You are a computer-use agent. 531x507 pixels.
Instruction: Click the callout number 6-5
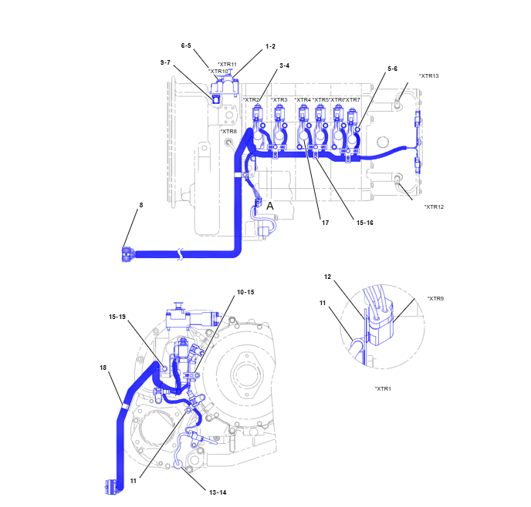[x=186, y=45]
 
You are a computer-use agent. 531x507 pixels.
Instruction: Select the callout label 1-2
[x=270, y=46]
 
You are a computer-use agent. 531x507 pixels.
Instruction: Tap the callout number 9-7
[x=165, y=62]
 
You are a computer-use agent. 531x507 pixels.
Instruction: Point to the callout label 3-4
[x=284, y=65]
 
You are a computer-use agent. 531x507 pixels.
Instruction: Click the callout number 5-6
[x=391, y=69]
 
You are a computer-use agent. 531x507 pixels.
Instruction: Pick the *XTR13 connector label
[x=428, y=76]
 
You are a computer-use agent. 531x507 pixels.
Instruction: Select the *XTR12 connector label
[x=434, y=206]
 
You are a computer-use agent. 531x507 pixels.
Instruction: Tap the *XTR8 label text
[x=228, y=132]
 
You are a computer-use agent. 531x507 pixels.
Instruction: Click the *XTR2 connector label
[x=252, y=100]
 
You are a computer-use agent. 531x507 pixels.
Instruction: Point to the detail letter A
[x=270, y=206]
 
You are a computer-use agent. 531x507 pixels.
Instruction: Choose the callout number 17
[x=326, y=222]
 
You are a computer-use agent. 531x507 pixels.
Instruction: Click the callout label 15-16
[x=365, y=222]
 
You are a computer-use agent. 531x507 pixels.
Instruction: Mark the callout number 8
[x=140, y=206]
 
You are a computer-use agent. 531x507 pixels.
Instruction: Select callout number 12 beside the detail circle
[x=327, y=277]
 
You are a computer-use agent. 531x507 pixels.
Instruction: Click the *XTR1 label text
[x=383, y=388]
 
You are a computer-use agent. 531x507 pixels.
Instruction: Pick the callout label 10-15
[x=245, y=292]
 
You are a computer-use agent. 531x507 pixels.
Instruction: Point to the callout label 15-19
[x=118, y=317]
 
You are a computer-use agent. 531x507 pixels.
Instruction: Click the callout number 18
[x=103, y=368]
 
